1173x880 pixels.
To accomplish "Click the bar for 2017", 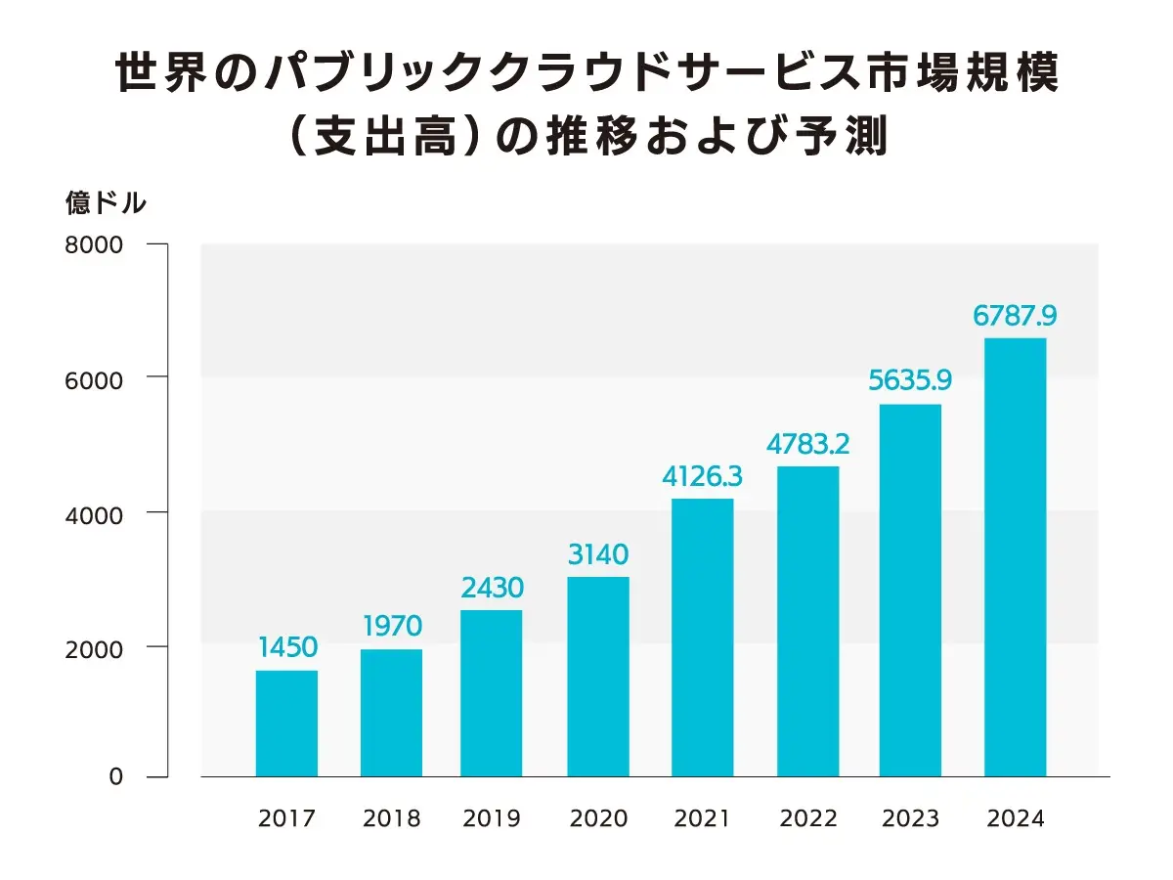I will pyautogui.click(x=286, y=724).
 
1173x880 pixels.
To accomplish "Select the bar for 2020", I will pyautogui.click(x=598, y=677).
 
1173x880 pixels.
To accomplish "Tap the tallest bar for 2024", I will pyautogui.click(x=1015, y=557).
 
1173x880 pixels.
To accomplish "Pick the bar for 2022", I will pyautogui.click(x=807, y=621).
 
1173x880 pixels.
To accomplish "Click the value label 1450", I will pyautogui.click(x=287, y=647).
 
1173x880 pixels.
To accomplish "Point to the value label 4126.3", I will pyautogui.click(x=702, y=476).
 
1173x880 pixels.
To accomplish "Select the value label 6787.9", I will pyautogui.click(x=1015, y=316).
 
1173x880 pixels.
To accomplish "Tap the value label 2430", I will pyautogui.click(x=494, y=589).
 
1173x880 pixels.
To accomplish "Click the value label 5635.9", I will pyautogui.click(x=910, y=379).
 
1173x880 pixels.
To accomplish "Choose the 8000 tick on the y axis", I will pyautogui.click(x=94, y=245).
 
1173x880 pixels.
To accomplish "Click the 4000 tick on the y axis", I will pyautogui.click(x=94, y=512).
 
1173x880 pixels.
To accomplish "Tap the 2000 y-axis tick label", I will pyautogui.click(x=94, y=646).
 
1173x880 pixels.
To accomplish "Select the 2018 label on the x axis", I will pyautogui.click(x=391, y=819).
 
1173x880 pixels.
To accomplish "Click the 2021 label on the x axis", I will pyautogui.click(x=702, y=819).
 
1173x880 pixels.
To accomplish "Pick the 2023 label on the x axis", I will pyautogui.click(x=910, y=819).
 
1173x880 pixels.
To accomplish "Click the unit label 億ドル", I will pyautogui.click(x=106, y=203).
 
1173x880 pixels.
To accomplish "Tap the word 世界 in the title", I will pyautogui.click(x=157, y=75).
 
